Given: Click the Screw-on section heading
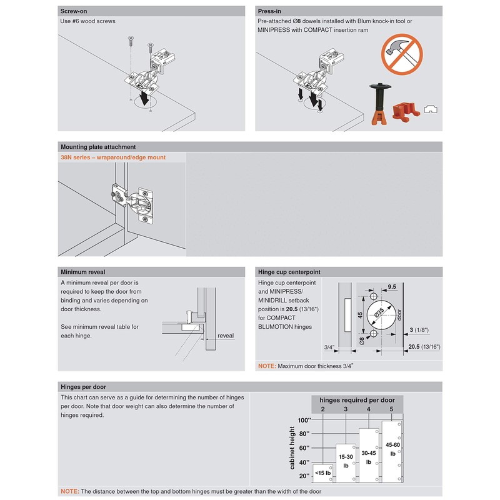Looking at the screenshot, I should click(73, 11).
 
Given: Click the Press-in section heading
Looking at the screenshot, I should click(271, 11).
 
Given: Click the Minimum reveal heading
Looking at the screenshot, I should click(82, 272).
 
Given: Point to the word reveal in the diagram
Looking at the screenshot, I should click(226, 336).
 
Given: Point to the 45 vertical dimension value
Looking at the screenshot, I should click(359, 316).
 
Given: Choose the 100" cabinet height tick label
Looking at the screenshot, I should click(304, 420).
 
